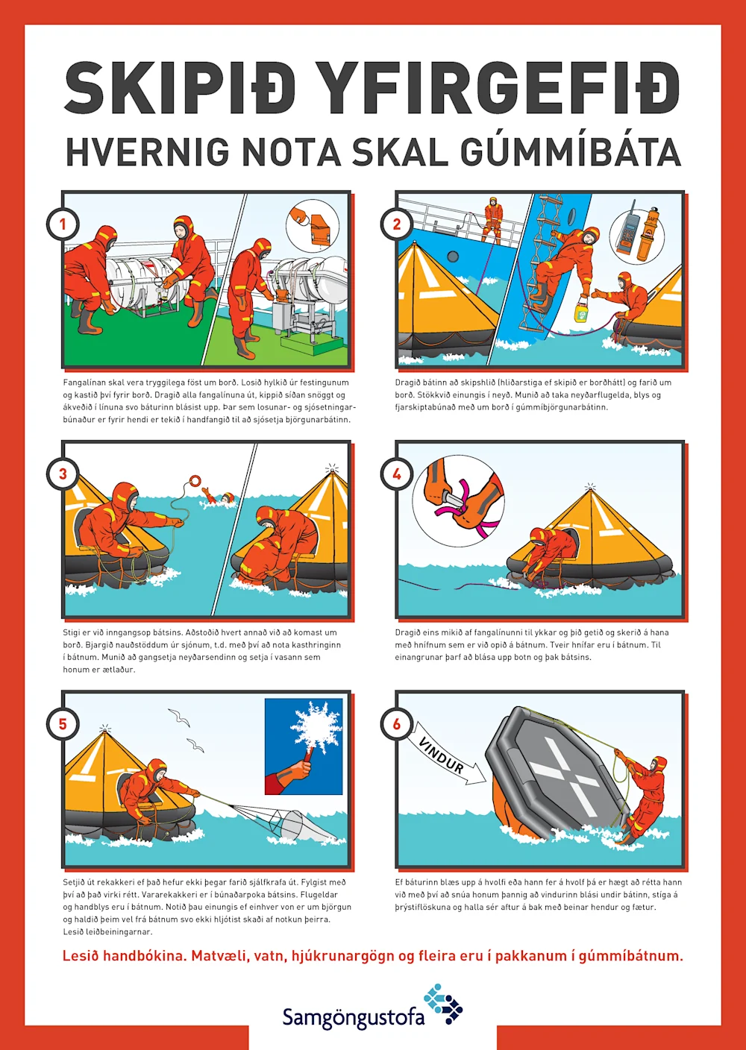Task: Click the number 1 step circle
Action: [63, 224]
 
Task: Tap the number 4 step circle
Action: [397, 474]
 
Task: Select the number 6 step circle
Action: [397, 724]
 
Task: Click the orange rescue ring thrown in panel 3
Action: [195, 480]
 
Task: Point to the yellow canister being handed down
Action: [581, 309]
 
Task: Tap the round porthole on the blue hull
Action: [453, 256]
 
